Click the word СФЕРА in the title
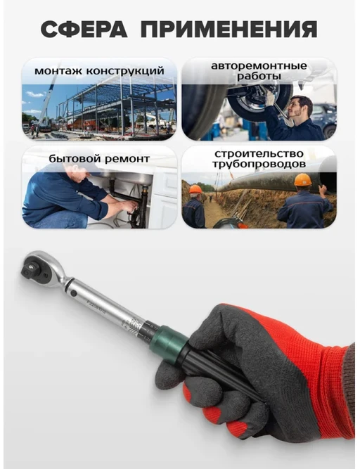pos(84,30)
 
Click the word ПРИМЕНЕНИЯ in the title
pos(229,30)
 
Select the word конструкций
pos(125,71)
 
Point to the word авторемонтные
pos(259,66)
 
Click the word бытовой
pos(72,158)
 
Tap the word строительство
pos(259,154)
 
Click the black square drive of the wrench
pos(28,269)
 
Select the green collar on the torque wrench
pos(169,342)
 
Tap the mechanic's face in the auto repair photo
pos(300,108)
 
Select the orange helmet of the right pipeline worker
pos(302,180)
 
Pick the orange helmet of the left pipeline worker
pos(195,189)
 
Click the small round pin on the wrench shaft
pos(74,293)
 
